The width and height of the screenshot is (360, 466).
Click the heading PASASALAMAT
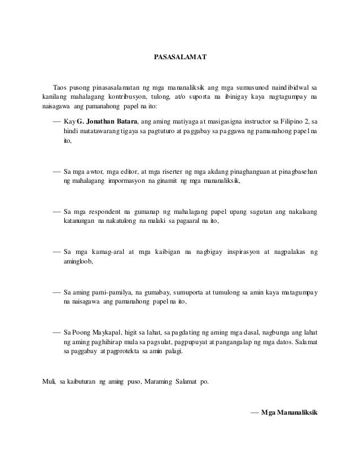[x=180, y=58]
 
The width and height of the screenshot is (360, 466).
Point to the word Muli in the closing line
[x=49, y=382]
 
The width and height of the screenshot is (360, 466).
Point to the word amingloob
[x=77, y=262]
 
